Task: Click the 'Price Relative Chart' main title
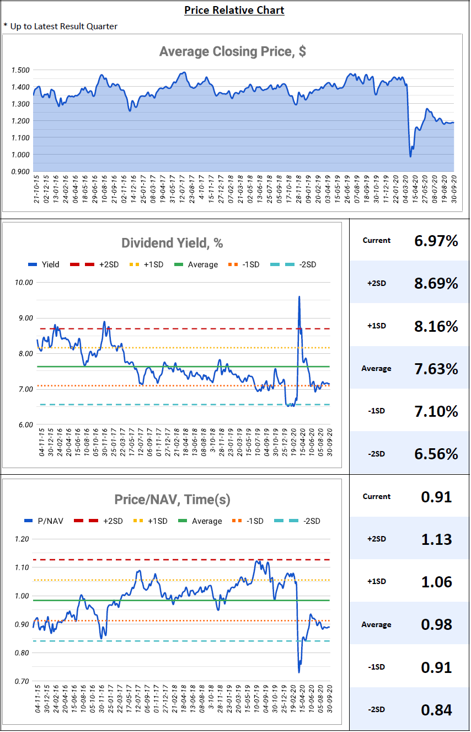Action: tap(234, 10)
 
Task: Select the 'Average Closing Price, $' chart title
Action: tap(232, 51)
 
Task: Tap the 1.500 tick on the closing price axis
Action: tap(20, 70)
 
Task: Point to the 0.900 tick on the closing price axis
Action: tap(20, 172)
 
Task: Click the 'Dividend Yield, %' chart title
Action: tap(172, 243)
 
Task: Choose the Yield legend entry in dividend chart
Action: tap(44, 264)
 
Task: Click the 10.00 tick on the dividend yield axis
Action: tap(23, 282)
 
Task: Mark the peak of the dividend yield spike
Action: tap(299, 296)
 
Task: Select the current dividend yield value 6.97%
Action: tap(436, 240)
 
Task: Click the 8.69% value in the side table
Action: tap(436, 283)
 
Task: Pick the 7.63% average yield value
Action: tap(436, 368)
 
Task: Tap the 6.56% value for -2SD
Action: tap(436, 454)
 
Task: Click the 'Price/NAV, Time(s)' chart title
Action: tap(172, 500)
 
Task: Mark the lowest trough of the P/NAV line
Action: tap(299, 672)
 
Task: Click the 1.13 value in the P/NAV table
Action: tap(436, 539)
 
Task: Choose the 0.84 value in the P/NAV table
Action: tap(436, 709)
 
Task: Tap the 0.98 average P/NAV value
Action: tap(436, 624)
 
